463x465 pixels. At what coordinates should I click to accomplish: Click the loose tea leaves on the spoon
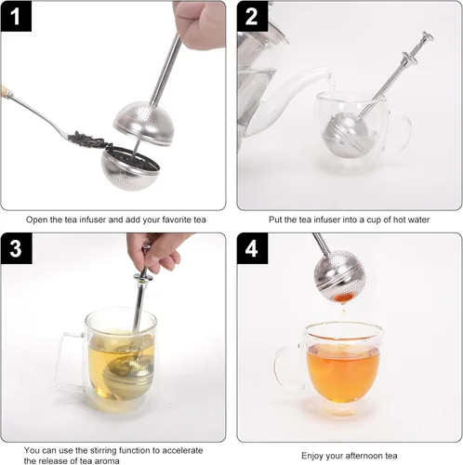89,142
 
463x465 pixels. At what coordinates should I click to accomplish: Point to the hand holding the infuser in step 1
199,23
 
